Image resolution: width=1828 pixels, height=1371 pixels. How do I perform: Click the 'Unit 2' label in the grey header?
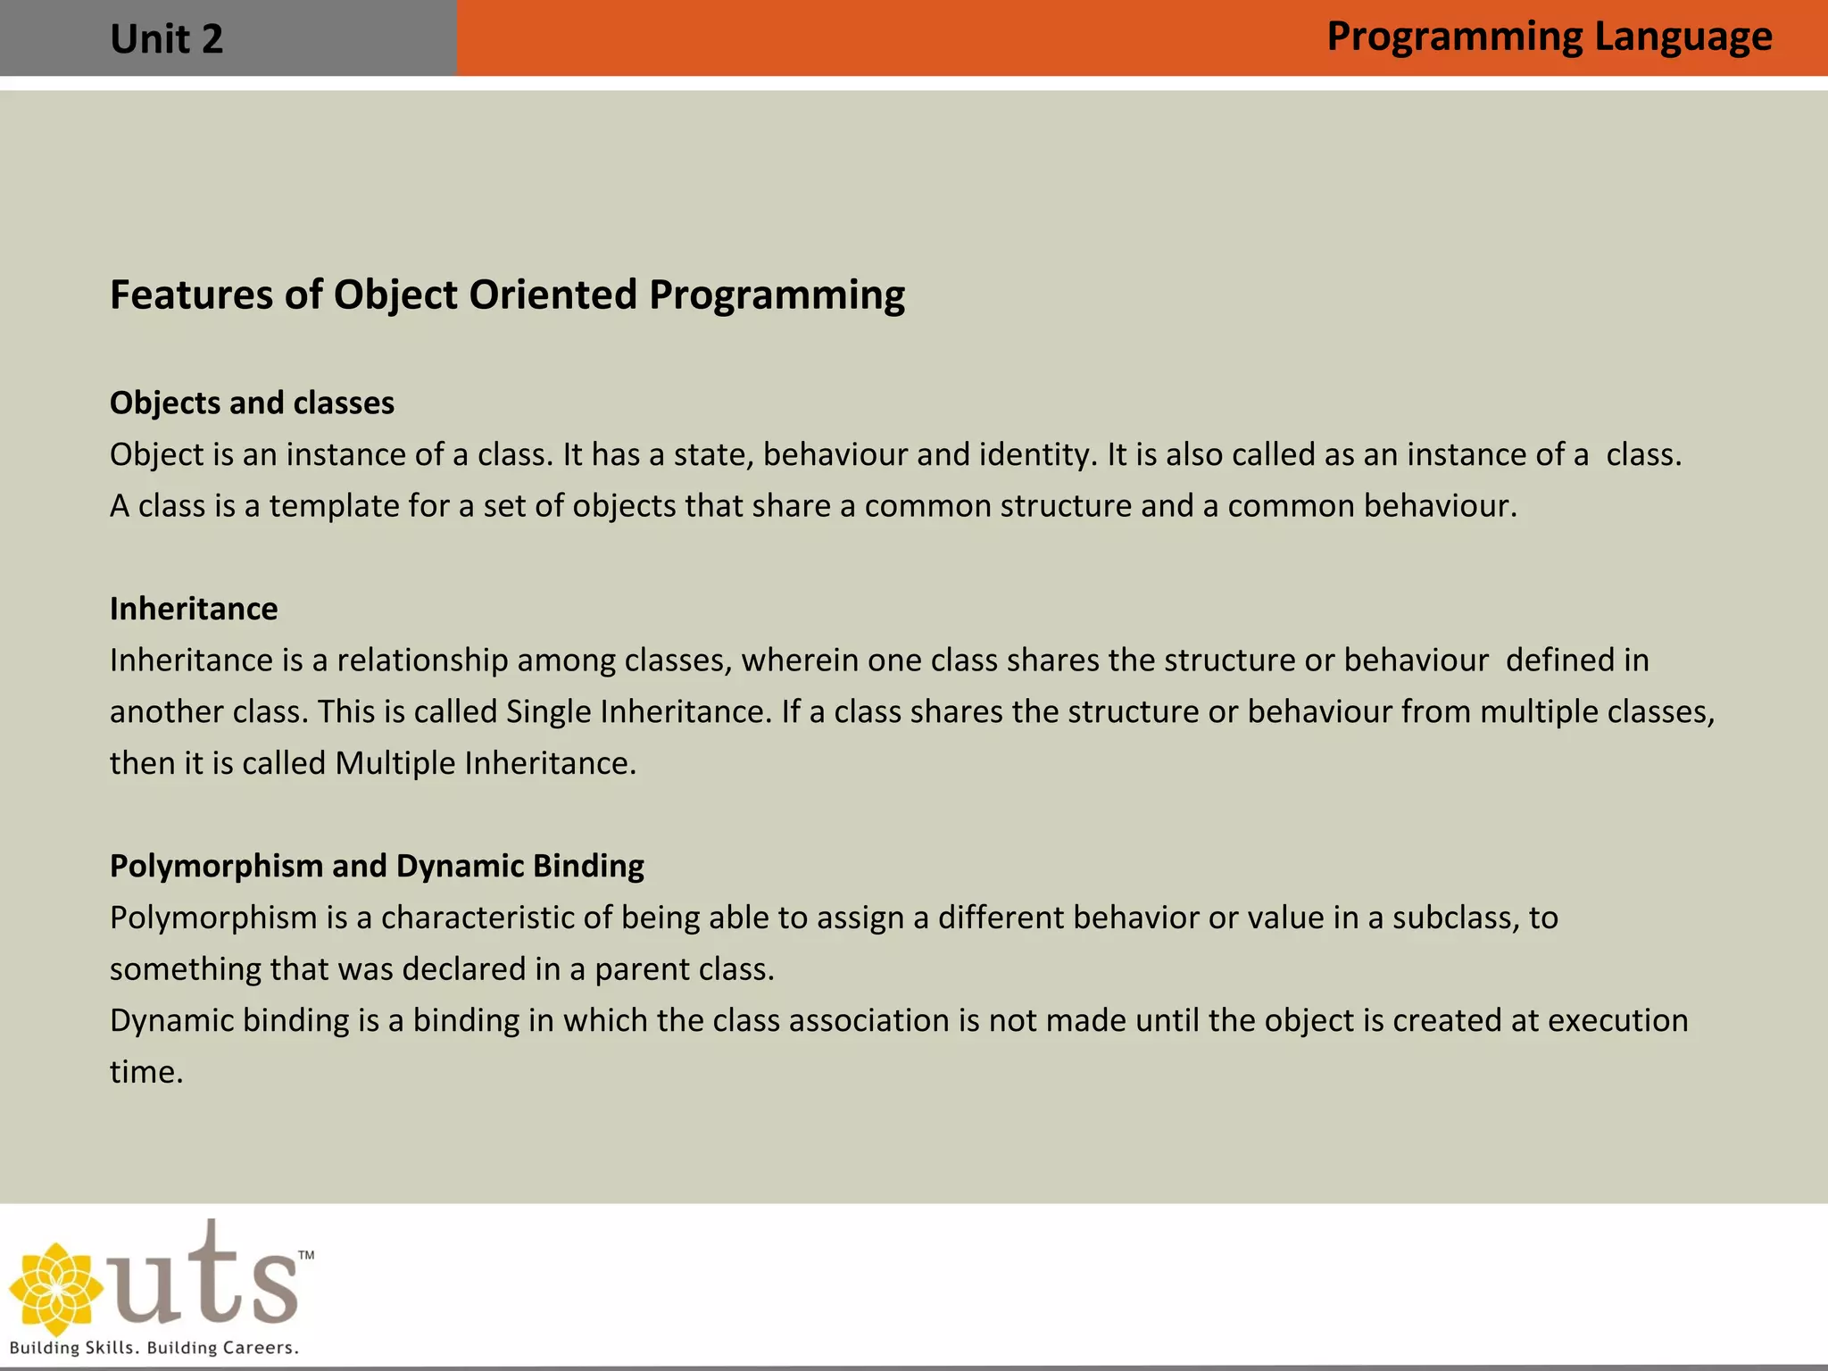pos(166,39)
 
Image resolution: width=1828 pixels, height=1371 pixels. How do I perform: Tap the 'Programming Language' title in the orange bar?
pos(1549,37)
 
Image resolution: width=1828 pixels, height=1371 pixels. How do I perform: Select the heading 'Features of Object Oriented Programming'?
pos(507,295)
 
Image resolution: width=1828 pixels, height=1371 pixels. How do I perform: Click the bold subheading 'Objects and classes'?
pos(252,403)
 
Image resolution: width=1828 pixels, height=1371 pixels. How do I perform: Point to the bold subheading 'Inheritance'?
pos(194,609)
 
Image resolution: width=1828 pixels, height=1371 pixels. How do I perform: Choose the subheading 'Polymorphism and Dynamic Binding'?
pos(377,866)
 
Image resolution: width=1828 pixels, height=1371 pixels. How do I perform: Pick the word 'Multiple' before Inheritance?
pos(395,763)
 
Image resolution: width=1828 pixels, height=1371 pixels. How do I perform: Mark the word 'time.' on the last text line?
pos(146,1072)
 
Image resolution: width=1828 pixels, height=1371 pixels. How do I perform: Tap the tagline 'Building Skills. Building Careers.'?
pos(154,1348)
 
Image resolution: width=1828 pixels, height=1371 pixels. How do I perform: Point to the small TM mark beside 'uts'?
pos(306,1256)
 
